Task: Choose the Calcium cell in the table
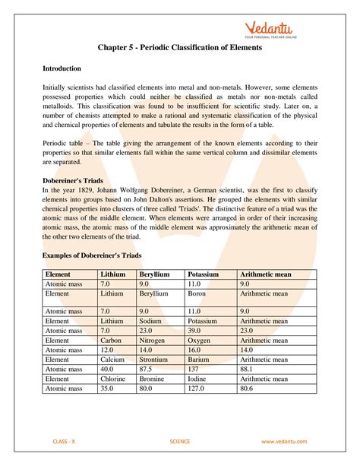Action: click(114, 360)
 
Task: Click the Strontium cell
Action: click(154, 360)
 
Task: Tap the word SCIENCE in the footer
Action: click(180, 441)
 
